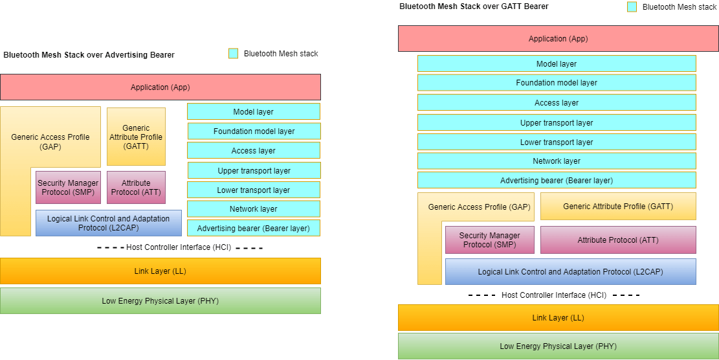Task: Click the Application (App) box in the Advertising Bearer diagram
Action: pos(160,87)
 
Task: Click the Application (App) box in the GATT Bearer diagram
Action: pos(558,39)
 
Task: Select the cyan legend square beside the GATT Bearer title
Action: pos(632,6)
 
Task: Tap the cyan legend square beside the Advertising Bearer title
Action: pos(233,54)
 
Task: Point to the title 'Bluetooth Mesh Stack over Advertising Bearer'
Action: pos(89,55)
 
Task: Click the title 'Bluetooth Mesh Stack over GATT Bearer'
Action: pos(474,6)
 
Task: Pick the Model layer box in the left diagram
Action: pos(254,111)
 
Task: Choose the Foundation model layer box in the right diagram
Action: pos(557,83)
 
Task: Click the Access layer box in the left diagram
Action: pos(254,151)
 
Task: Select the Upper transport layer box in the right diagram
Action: pos(557,123)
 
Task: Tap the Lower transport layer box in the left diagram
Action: pos(254,190)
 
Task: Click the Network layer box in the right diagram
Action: pos(557,161)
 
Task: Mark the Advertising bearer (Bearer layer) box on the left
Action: pos(254,228)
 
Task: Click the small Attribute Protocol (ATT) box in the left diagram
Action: pos(136,188)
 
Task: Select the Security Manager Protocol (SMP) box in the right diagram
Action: pos(490,240)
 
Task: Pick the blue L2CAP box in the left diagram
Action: pos(109,223)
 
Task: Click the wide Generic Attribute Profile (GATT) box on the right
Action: pos(618,207)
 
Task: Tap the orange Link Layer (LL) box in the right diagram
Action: pos(558,318)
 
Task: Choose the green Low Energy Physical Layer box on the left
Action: pos(160,301)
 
